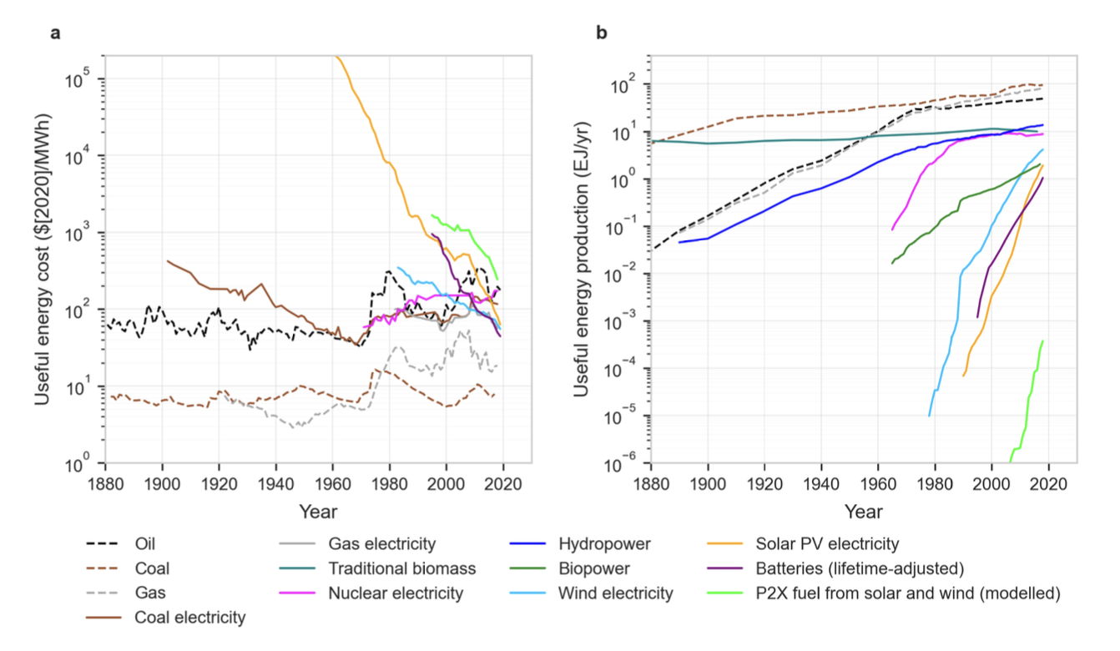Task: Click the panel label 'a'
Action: tap(56, 33)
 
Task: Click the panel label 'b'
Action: tap(601, 33)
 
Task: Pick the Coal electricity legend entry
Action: tap(190, 618)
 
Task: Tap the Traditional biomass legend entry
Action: tap(401, 569)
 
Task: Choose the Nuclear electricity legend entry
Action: tap(395, 593)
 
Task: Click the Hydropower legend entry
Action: tap(604, 544)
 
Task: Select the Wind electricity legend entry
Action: tap(614, 593)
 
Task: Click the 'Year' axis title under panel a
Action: tap(317, 511)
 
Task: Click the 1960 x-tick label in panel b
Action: tap(877, 482)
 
